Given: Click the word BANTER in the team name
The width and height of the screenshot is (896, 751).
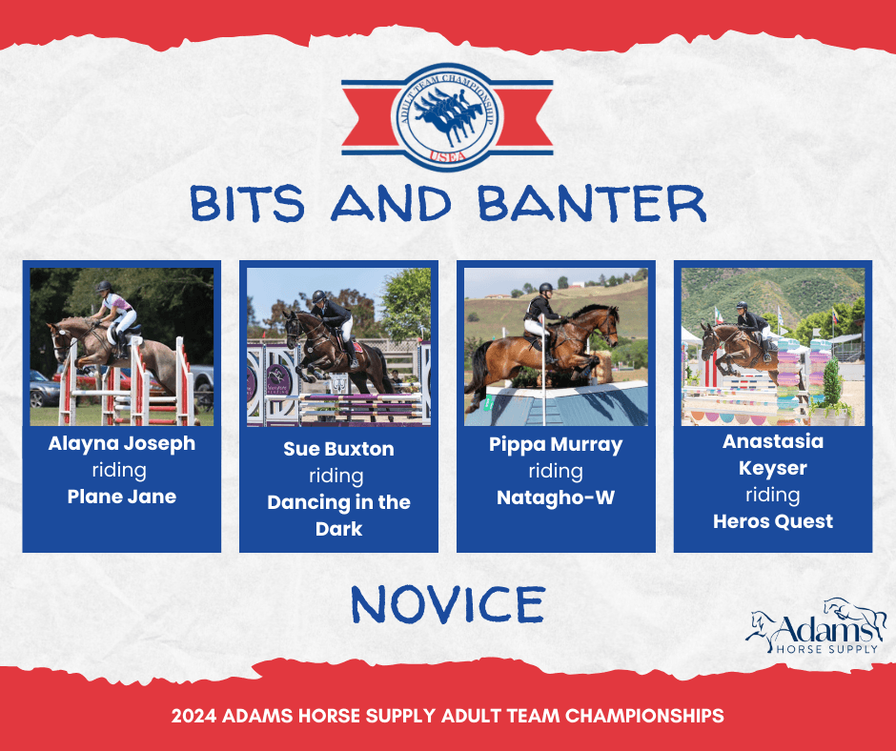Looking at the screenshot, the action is (593, 203).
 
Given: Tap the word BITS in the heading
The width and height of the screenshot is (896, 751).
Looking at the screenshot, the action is (248, 203).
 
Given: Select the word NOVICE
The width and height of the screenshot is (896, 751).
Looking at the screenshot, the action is (448, 604).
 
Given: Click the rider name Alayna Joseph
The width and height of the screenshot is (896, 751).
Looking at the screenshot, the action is (122, 443).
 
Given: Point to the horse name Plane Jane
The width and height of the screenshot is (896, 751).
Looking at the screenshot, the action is (122, 497).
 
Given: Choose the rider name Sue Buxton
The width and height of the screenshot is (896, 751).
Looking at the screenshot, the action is (338, 449).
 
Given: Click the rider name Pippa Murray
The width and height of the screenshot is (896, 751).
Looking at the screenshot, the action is (556, 445).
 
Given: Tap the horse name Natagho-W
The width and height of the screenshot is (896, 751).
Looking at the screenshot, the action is (556, 497).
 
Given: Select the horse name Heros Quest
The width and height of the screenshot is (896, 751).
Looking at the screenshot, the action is (773, 521).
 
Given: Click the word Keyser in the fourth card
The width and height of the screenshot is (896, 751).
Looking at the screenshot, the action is (773, 468).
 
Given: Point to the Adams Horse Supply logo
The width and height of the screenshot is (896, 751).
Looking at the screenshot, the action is (816, 627).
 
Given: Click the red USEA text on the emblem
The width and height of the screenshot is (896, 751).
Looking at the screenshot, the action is (447, 155).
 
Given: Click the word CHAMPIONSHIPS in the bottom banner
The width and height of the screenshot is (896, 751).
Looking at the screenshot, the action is (644, 716).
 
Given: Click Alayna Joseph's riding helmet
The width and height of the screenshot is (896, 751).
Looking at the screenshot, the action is (104, 286).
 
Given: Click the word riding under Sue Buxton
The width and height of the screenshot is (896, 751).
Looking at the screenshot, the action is (336, 476).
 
